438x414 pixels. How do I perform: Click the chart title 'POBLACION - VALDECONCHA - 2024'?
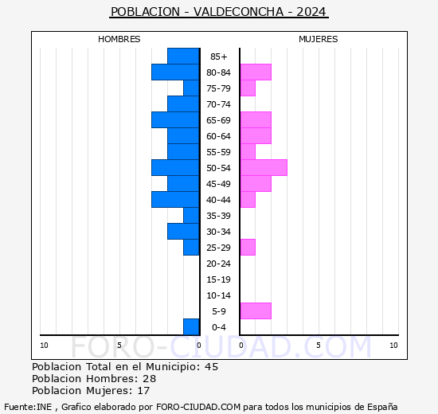[219, 12]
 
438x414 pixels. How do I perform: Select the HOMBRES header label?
[119, 39]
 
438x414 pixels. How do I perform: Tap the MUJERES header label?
[319, 39]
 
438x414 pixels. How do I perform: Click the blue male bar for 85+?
[183, 56]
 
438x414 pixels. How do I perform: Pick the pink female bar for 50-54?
[264, 167]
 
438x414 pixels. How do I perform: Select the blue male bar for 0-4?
[191, 326]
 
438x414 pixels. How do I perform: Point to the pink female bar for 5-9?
[256, 310]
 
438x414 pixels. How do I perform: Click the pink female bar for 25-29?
[248, 247]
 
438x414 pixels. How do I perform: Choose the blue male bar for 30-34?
[183, 231]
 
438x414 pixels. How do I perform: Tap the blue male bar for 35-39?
[191, 215]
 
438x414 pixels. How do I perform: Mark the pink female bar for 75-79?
[248, 88]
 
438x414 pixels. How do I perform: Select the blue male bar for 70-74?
[183, 103]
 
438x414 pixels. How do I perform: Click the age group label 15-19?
[219, 279]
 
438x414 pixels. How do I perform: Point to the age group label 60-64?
[219, 136]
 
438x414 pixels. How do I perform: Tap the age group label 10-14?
[219, 295]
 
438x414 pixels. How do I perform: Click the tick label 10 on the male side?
[45, 345]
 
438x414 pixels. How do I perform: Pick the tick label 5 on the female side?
[318, 345]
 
